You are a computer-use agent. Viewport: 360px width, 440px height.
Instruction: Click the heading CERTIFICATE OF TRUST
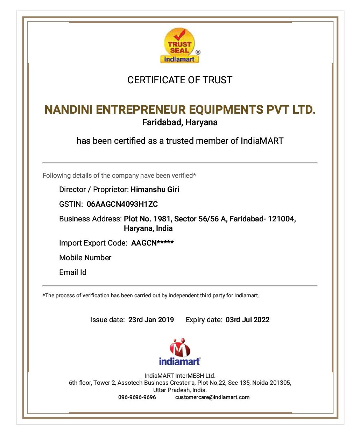coord(180,80)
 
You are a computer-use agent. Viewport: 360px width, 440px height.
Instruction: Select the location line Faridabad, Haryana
coord(180,122)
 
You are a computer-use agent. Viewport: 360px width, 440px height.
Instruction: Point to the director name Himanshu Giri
coord(155,190)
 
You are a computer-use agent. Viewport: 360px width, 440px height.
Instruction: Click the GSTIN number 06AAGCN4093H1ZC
coord(122,204)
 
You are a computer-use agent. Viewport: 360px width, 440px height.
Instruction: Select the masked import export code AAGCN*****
coord(152,243)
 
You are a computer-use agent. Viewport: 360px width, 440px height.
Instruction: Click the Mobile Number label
coord(85,258)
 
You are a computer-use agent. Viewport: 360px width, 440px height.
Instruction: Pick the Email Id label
coord(73,272)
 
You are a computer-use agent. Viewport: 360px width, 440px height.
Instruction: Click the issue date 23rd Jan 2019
coord(151,320)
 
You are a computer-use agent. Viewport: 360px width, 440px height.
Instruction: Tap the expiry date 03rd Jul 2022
coord(247,320)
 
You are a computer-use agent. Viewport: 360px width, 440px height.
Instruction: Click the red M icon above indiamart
coord(180,348)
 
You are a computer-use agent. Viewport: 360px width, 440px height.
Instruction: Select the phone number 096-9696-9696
coord(137,397)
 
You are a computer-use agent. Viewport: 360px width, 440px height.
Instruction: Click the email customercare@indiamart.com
coord(212,397)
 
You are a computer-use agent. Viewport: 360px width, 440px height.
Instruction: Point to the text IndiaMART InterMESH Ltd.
coord(180,376)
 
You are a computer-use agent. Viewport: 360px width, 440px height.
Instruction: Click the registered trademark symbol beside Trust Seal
coord(198,52)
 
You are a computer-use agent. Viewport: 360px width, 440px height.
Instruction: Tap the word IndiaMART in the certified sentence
coord(262,141)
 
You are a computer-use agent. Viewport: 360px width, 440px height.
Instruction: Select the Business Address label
coord(90,219)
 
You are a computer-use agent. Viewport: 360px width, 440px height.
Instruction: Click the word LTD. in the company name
coord(304,110)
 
